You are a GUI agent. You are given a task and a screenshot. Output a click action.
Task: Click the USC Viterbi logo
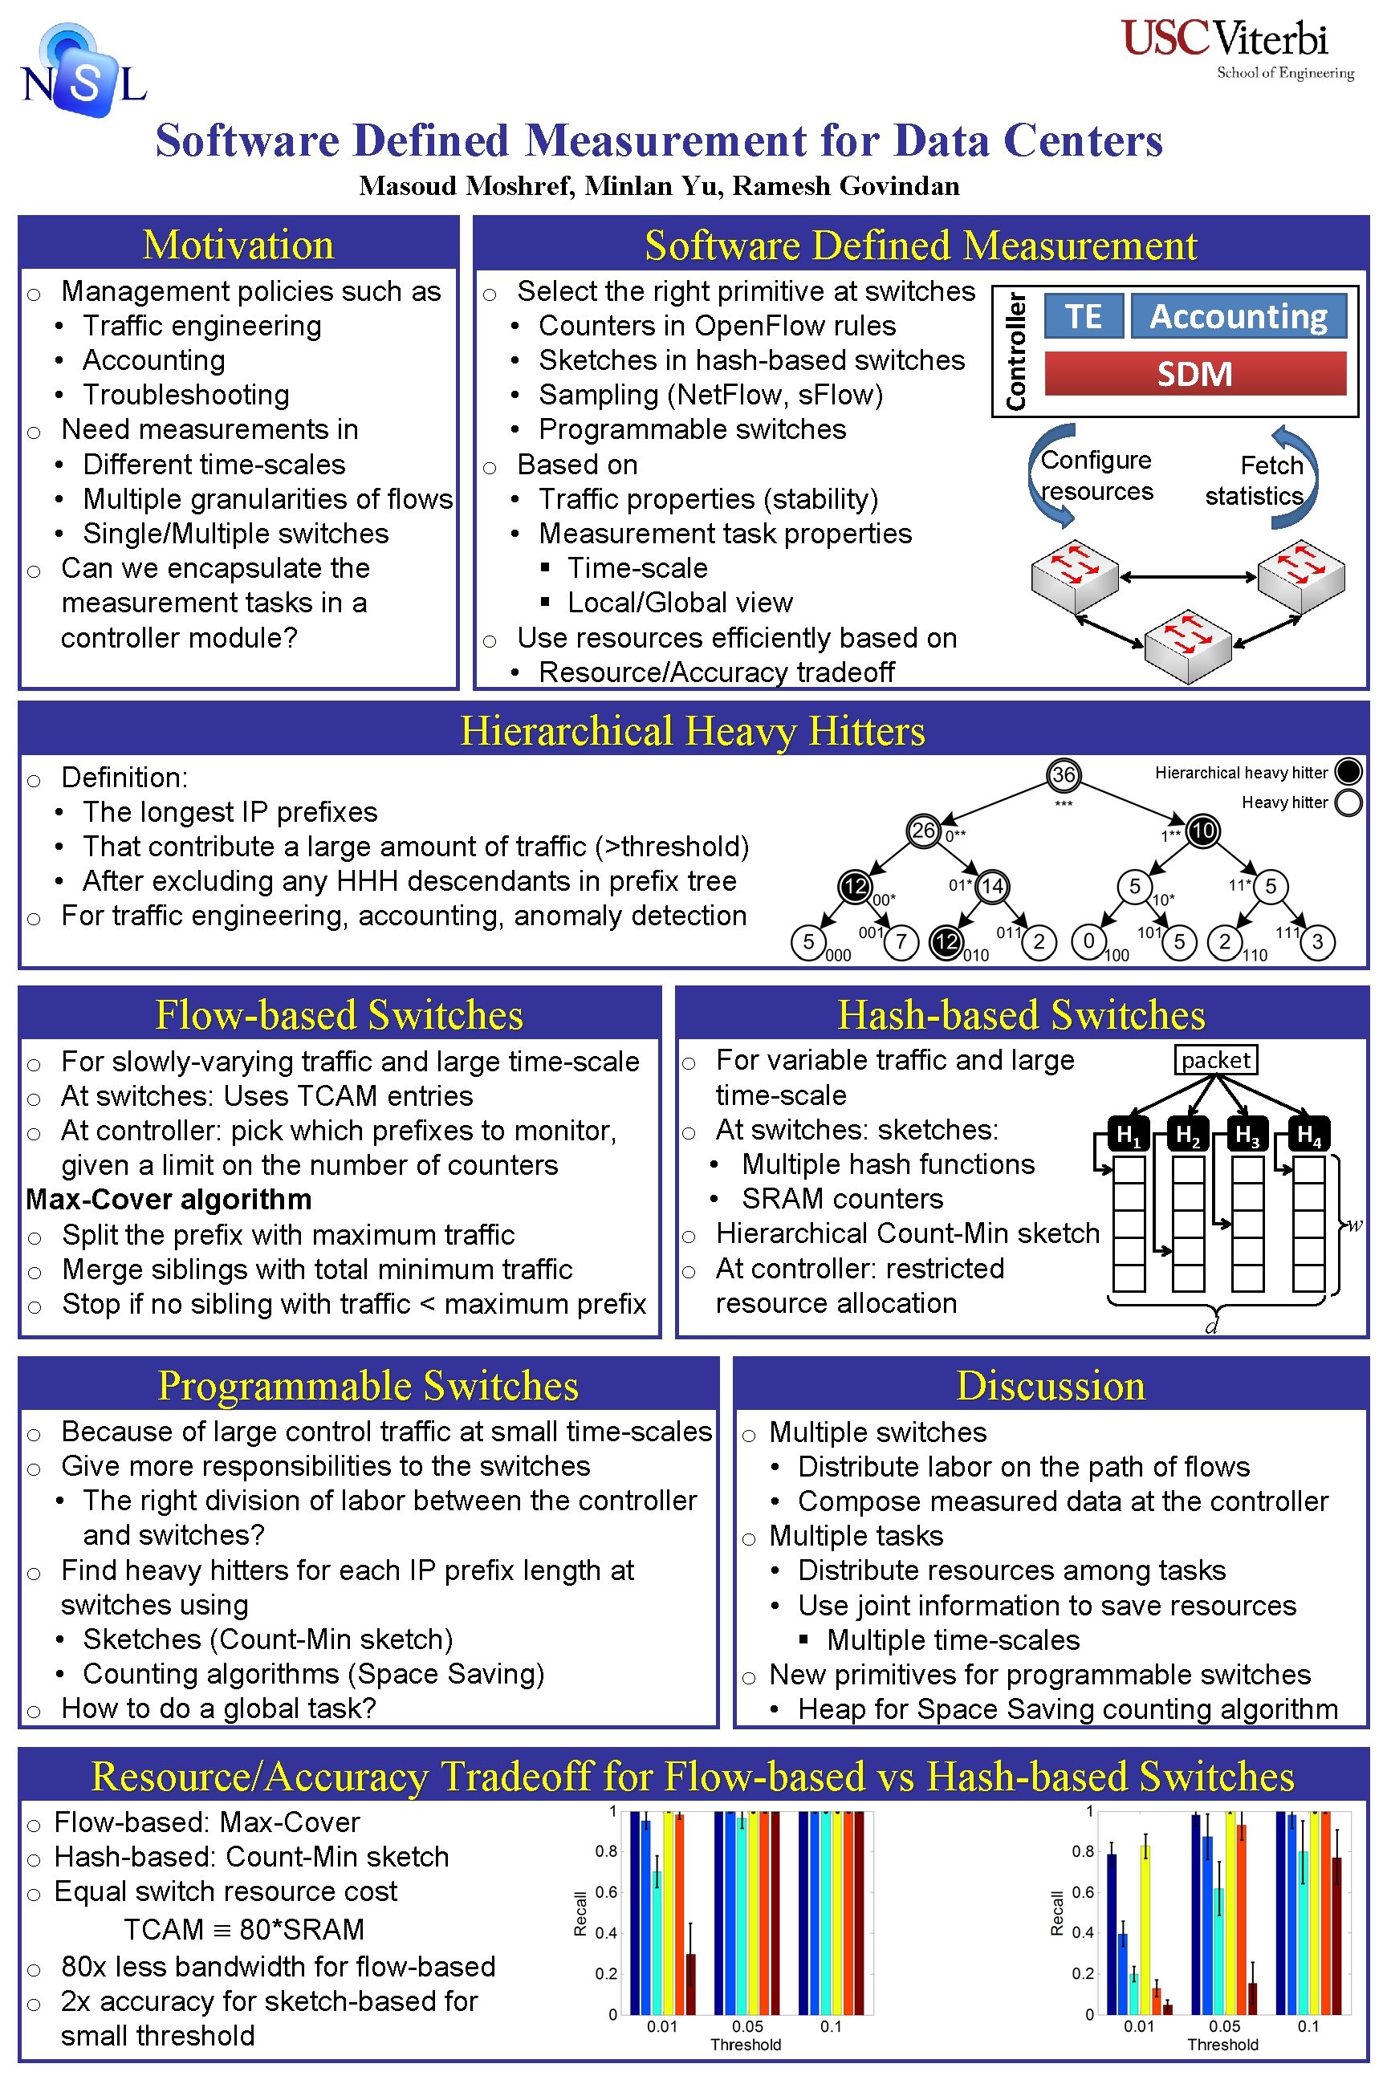1237,50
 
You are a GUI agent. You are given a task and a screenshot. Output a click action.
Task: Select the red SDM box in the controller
1194,373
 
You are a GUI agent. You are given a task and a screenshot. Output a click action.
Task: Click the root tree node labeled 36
1063,774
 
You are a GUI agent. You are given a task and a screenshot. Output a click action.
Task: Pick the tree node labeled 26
924,831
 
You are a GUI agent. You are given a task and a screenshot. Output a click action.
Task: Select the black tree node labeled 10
1202,831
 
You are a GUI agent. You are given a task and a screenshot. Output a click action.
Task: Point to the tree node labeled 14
992,886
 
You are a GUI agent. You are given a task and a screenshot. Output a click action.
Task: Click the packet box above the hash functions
1215,1059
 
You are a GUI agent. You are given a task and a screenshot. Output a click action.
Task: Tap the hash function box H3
1247,1134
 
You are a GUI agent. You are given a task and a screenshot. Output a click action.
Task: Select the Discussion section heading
1050,1385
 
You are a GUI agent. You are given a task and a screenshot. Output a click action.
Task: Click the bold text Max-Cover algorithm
169,1199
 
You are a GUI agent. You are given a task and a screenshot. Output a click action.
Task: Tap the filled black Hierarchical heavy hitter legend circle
1348,772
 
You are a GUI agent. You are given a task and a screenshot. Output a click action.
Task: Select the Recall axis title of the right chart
1056,1913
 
